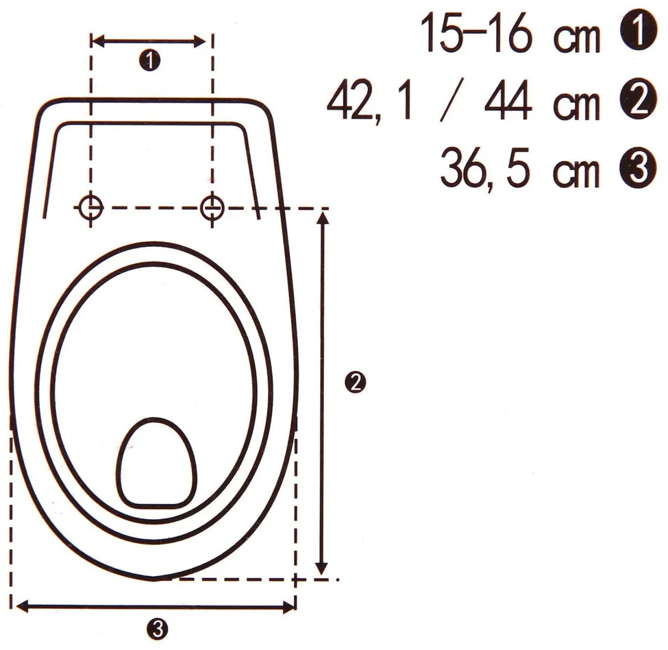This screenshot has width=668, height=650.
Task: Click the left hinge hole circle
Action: pos(90,207)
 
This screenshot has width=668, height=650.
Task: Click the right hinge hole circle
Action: pos(212,207)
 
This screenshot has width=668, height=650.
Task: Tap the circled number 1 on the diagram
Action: pos(149,60)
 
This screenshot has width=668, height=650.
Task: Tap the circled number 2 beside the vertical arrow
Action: pos(355,382)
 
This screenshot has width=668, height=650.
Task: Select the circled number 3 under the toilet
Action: pos(158,628)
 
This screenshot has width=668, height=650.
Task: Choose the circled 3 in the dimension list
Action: pos(639,169)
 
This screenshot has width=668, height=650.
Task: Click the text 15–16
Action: pos(476,32)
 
